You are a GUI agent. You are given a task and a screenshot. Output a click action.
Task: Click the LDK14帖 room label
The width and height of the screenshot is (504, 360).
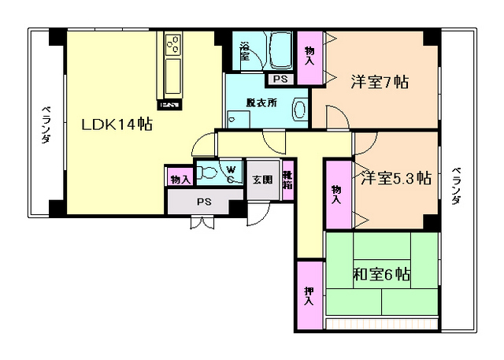[118, 124]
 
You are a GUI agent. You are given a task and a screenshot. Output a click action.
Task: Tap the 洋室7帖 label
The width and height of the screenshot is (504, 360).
[379, 81]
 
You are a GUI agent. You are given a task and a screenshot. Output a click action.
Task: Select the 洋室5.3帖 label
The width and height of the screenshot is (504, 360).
[396, 178]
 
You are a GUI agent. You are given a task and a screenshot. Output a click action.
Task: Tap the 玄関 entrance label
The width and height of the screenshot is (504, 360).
[261, 180]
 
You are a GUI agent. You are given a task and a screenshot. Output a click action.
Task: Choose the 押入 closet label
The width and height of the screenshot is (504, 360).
[309, 296]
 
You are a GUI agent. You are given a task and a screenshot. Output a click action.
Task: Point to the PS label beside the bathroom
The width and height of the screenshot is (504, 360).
[280, 79]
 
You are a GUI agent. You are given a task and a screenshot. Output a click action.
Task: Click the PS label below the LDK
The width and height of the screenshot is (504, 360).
[204, 202]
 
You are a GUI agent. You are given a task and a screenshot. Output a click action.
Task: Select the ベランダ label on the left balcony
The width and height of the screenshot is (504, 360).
[46, 125]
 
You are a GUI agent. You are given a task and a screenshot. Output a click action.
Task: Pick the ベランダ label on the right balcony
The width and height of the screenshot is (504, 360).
[458, 187]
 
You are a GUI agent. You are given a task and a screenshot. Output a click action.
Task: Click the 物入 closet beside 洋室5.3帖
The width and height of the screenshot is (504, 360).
[337, 194]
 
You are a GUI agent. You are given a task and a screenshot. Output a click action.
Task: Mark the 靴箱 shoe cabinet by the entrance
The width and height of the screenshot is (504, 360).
[287, 180]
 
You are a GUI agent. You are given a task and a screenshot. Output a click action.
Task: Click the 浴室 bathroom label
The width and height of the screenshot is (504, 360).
[244, 50]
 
